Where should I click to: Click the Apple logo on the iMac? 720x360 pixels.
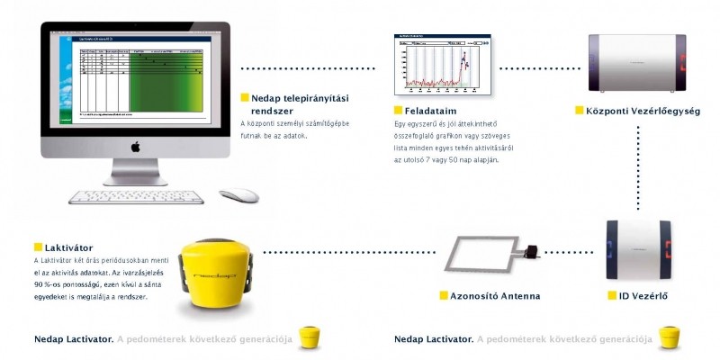pos(136,146)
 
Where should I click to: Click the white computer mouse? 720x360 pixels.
pos(238,194)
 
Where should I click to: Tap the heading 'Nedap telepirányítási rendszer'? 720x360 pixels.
pos(288,103)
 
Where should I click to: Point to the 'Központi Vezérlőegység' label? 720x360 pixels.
pos(629,110)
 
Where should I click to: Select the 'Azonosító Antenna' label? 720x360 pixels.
pos(496,294)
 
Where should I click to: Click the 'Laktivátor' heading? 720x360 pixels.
pos(67,247)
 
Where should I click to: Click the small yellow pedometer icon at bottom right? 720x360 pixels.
pos(668,337)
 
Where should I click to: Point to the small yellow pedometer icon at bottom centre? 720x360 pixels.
pos(310,337)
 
